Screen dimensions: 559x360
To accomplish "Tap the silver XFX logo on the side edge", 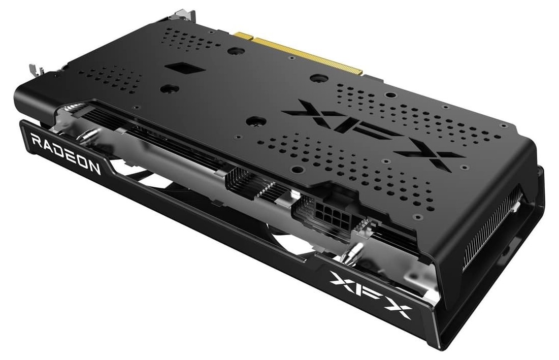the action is pyautogui.click(x=371, y=294).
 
